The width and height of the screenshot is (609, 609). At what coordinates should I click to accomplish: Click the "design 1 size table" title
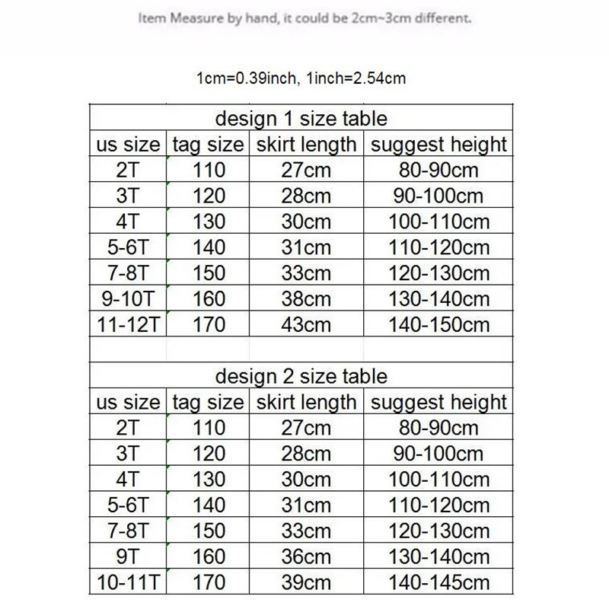(301, 119)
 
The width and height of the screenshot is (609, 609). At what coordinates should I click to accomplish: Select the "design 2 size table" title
(301, 376)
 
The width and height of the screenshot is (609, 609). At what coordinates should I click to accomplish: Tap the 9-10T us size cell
(129, 298)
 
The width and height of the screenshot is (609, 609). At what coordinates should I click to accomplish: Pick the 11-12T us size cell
(129, 324)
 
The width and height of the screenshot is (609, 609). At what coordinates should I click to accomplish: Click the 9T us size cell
(129, 556)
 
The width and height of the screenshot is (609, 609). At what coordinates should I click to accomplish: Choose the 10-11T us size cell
(129, 582)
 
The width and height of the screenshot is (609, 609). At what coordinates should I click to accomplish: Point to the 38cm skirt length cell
(306, 298)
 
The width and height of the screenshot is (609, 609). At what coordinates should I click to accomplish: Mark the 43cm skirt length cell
(306, 324)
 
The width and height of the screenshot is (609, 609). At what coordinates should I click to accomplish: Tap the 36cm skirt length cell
(306, 556)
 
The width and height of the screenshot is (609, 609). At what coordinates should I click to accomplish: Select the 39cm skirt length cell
(306, 582)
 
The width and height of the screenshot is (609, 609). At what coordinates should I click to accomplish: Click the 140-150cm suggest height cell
(438, 324)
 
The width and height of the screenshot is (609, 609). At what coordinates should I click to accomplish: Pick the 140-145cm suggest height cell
(438, 582)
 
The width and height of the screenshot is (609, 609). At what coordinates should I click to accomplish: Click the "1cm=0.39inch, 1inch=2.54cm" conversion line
(304, 78)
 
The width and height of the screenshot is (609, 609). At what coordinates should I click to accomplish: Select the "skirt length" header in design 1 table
(306, 144)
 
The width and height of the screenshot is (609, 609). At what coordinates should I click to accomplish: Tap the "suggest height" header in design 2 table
(438, 402)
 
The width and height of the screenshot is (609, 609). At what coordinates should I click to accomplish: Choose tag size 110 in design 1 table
(209, 170)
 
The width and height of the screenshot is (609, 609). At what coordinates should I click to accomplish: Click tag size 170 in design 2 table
(209, 582)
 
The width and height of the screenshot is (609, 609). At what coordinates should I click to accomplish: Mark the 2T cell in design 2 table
(129, 428)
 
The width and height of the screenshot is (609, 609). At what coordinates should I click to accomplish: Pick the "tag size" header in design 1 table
(208, 144)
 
